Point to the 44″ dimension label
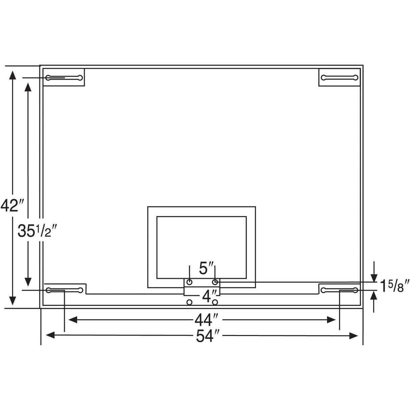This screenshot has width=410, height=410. pyautogui.click(x=208, y=319)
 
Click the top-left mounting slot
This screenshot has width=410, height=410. pyautogui.click(x=64, y=78)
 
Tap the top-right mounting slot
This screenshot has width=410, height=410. pyautogui.click(x=339, y=78)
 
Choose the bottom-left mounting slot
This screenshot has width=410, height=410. pyautogui.click(x=64, y=290)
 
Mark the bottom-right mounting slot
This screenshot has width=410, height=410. pyautogui.click(x=339, y=290)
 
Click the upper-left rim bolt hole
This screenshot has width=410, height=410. pyautogui.click(x=190, y=282)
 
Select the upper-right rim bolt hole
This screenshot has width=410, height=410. pyautogui.click(x=215, y=282)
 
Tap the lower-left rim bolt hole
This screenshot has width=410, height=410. pyautogui.click(x=190, y=302)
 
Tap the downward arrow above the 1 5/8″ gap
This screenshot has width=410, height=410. pyautogui.click(x=374, y=277)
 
